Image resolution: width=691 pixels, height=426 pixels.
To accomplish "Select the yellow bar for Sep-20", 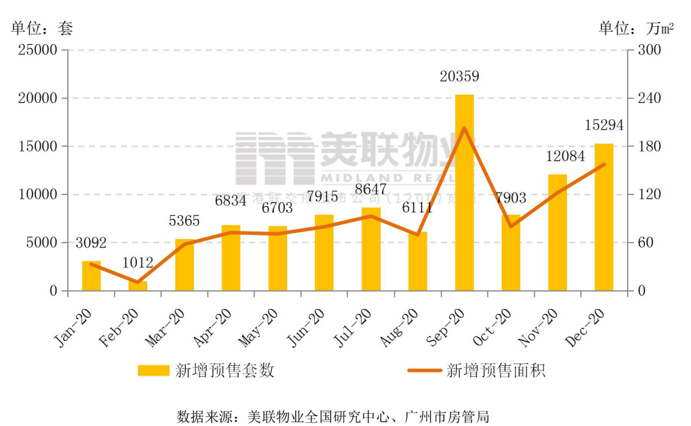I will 465,193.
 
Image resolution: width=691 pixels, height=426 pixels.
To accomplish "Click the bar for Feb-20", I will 138,286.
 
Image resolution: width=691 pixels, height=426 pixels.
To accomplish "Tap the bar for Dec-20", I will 604,217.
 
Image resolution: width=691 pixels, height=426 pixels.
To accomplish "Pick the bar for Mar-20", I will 185,265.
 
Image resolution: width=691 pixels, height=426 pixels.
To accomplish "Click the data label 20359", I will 459,77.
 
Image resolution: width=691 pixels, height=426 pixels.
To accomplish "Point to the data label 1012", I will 138,262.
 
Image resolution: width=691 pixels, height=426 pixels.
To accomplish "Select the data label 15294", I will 604,125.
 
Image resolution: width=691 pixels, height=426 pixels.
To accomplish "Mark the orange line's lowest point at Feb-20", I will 138,282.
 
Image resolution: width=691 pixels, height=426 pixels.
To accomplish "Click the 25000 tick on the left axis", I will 40,50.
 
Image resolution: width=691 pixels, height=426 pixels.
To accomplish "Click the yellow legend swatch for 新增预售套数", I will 154,370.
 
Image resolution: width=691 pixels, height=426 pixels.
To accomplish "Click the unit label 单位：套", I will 42,28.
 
